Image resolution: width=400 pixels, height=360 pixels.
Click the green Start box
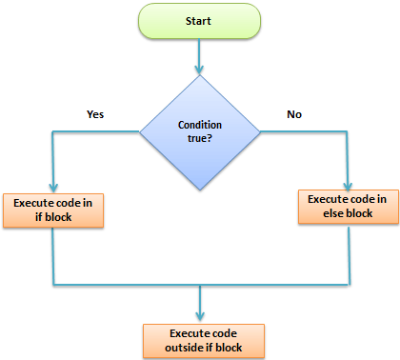point(200,21)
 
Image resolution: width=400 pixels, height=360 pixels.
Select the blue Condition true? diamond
point(200,132)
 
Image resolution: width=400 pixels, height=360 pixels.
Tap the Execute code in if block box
point(53,210)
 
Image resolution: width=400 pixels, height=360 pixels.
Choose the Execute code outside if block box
point(199,339)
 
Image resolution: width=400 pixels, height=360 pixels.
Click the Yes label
point(95,113)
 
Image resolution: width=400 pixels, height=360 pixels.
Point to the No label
point(295,113)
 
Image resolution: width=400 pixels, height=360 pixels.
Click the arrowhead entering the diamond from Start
point(200,69)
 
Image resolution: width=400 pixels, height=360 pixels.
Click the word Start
point(200,21)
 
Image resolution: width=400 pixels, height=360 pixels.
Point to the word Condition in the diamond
point(200,126)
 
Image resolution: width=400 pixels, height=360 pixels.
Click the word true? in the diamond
point(200,140)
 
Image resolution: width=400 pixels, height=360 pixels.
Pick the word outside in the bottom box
point(181,348)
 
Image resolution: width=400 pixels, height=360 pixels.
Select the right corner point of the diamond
point(259,132)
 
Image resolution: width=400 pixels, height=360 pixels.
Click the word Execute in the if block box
point(34,203)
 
